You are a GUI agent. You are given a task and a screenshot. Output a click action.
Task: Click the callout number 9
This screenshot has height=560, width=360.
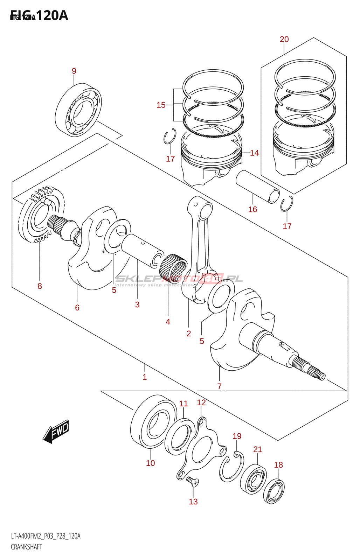point(74,71)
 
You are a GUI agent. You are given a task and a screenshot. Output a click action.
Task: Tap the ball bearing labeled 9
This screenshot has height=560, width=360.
point(78,109)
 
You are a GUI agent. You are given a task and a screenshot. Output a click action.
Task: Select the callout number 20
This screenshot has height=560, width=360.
point(284,39)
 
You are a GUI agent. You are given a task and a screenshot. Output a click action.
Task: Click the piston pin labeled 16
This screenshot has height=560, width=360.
point(257,186)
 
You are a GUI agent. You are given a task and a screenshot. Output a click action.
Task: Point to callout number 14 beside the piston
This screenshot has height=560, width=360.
point(254,153)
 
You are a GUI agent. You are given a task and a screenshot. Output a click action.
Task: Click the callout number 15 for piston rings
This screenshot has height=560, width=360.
point(161,105)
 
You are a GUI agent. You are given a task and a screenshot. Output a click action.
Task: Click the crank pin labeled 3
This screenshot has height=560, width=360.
point(142,250)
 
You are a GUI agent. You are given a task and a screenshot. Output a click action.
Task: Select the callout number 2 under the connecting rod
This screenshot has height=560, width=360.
point(189,334)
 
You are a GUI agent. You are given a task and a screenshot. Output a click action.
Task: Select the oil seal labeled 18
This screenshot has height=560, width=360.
point(274,491)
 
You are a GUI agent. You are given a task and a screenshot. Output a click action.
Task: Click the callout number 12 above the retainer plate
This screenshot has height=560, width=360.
point(201,402)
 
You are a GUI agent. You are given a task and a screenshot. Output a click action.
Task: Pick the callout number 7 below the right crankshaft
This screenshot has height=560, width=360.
point(220,386)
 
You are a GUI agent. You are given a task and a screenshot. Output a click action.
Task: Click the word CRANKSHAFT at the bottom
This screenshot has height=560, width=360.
point(27,547)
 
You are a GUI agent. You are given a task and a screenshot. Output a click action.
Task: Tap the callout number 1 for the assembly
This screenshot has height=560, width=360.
point(145,377)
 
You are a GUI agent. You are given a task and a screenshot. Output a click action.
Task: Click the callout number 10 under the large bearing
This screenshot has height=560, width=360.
point(151,463)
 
